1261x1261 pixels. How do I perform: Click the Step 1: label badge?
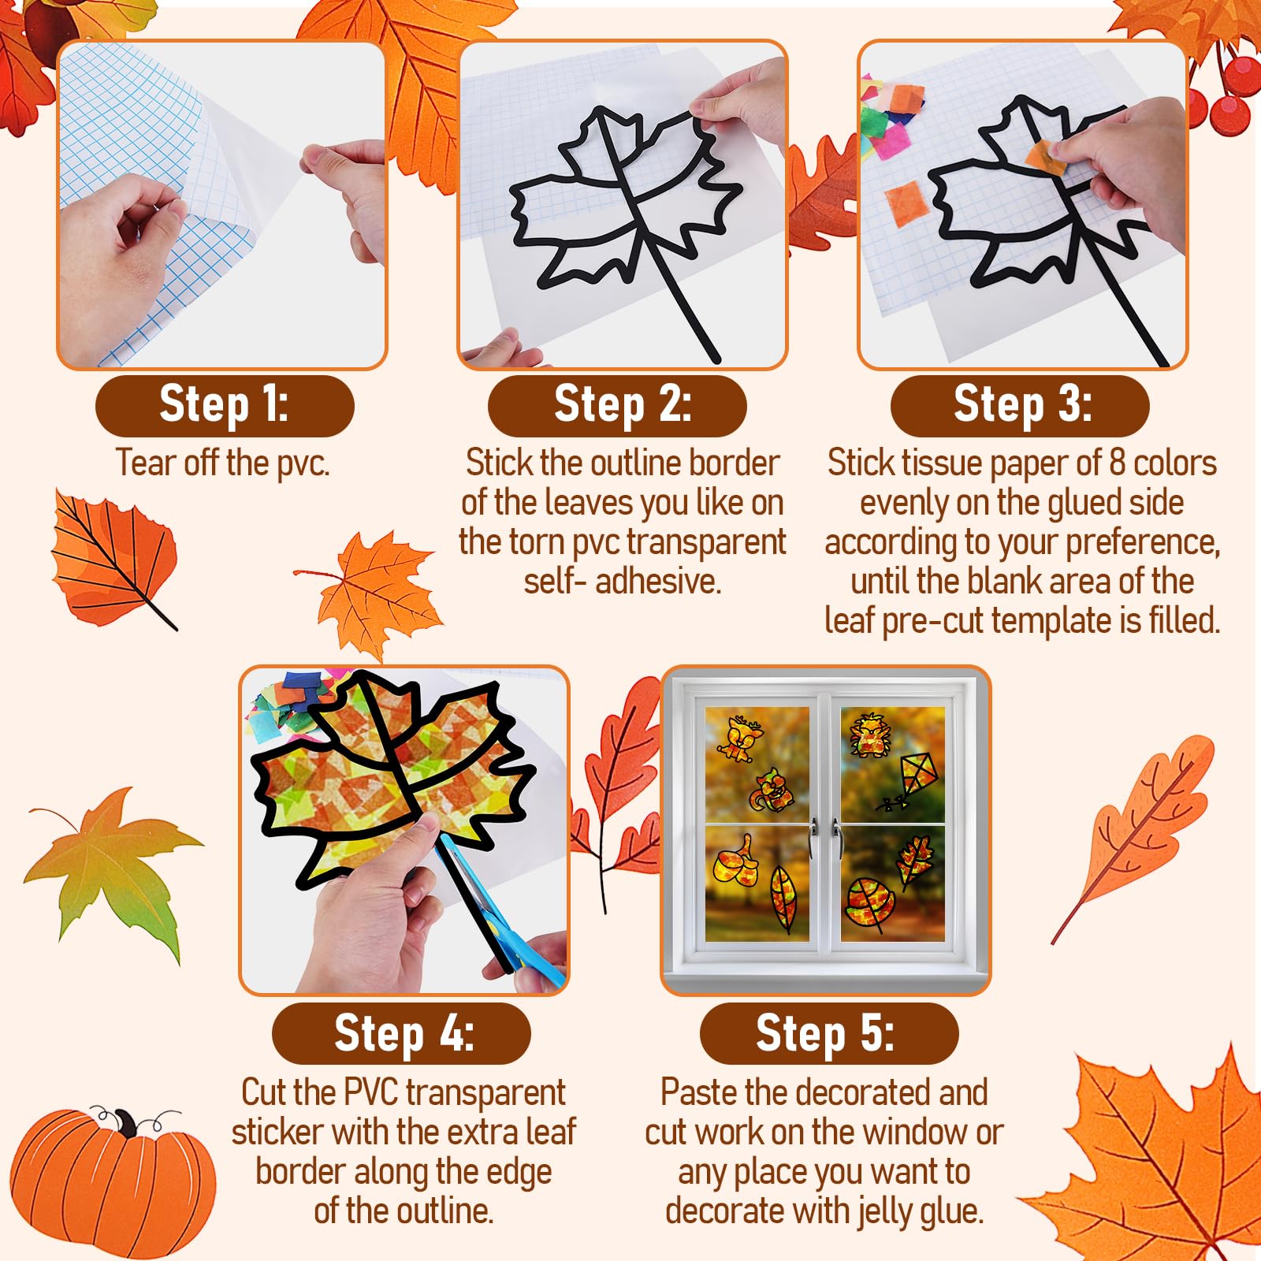pyautogui.click(x=225, y=406)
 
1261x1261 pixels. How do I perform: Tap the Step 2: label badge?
pyautogui.click(x=617, y=406)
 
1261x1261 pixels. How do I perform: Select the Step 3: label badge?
pyautogui.click(x=1020, y=406)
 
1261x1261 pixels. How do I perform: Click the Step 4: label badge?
pyautogui.click(x=401, y=1033)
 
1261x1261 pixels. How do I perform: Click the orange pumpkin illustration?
pyautogui.click(x=110, y=1182)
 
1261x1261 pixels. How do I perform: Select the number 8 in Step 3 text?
pyautogui.click(x=1117, y=463)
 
